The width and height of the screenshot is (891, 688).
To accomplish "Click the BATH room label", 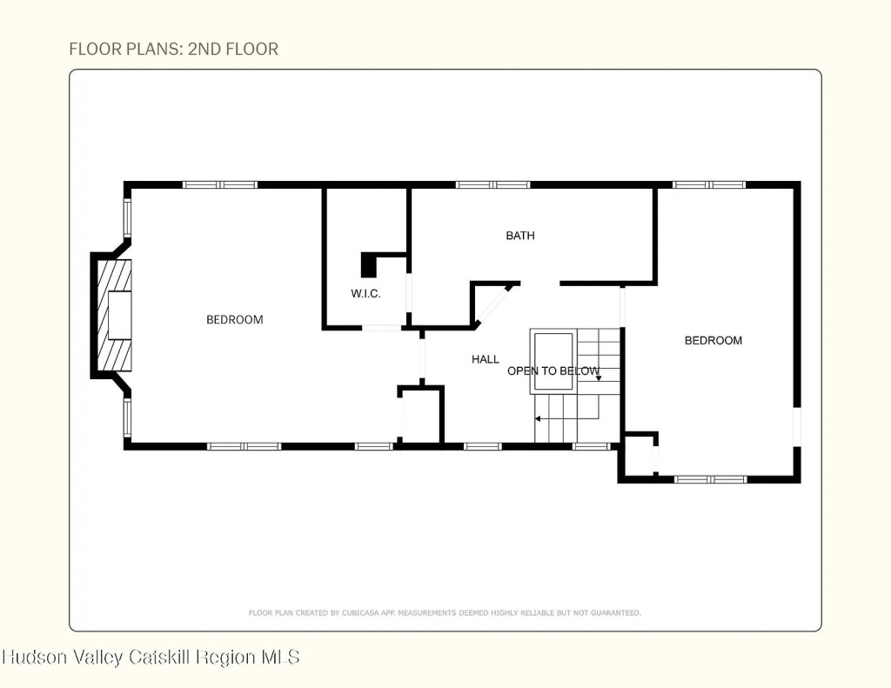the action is click(520, 235).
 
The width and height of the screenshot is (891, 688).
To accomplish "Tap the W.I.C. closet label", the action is click(365, 294).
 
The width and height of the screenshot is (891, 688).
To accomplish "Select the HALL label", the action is click(486, 359).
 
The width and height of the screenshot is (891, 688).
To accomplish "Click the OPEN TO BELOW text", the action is click(553, 371).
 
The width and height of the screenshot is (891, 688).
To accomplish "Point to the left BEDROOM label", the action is click(235, 320).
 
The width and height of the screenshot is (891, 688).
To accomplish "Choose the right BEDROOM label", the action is click(713, 340).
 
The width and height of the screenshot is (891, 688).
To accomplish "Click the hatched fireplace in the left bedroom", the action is click(114, 316).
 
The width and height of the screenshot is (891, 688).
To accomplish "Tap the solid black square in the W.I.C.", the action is click(369, 265).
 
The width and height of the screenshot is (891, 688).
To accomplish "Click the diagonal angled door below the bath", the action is click(493, 305).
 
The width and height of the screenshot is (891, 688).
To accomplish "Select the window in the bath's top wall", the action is click(492, 184).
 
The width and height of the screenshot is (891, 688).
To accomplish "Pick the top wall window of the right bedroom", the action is click(708, 184).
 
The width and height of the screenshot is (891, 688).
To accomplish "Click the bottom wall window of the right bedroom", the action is click(710, 479).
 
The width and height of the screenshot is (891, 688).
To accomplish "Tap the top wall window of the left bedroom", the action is click(220, 184).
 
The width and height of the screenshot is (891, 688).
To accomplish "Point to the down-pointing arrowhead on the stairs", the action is click(599, 377).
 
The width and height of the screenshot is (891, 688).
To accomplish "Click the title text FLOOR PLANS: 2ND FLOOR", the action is click(174, 49).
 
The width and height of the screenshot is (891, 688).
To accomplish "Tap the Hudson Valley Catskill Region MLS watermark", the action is click(151, 658).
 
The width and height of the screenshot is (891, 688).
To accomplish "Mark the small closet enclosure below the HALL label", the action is click(420, 415).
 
